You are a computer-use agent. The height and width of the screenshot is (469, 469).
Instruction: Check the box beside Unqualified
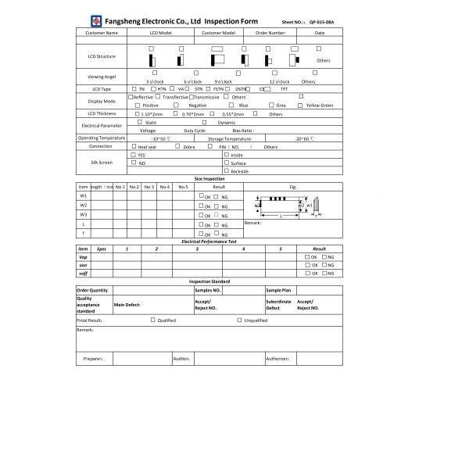click(239, 320)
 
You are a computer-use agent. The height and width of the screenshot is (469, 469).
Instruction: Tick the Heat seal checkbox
click(133, 146)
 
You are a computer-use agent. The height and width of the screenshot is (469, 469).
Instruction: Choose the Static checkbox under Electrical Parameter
click(140, 121)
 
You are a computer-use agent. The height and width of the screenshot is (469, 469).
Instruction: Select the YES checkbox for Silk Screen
click(133, 155)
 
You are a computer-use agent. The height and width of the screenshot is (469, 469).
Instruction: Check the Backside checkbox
click(226, 170)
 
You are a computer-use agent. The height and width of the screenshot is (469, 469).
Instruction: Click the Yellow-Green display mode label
click(320, 105)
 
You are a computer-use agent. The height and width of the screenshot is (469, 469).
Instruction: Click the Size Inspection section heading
click(209, 179)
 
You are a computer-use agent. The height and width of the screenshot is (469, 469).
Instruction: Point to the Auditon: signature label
click(181, 359)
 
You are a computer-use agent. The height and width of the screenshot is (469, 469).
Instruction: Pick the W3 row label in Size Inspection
click(84, 214)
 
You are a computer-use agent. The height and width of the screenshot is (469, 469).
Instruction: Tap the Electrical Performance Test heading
click(209, 242)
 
